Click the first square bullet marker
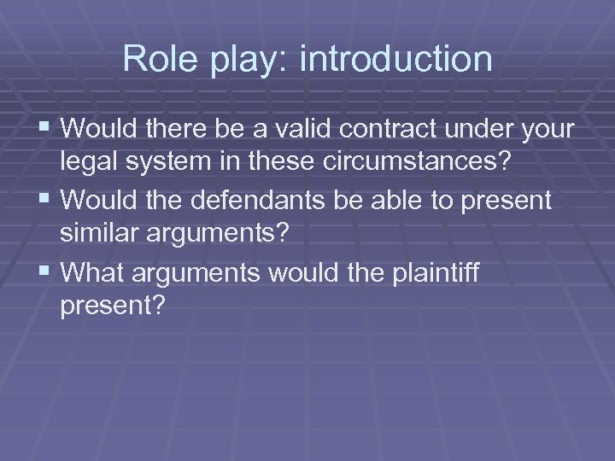(x=46, y=130)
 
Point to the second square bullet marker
(x=46, y=201)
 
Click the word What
(x=93, y=272)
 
